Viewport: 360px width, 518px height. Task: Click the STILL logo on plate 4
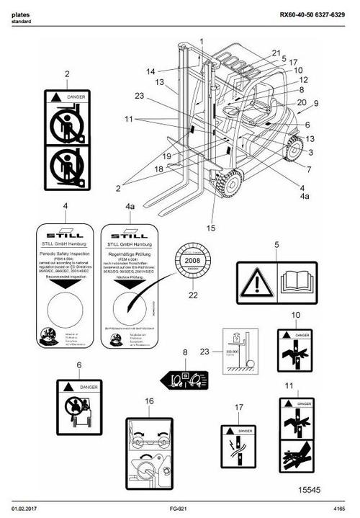[x=65, y=233]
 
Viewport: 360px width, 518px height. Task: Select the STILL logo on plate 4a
[x=130, y=233]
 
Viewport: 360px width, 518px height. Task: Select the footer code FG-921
[x=179, y=509]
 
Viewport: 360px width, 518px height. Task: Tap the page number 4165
[x=338, y=509]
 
